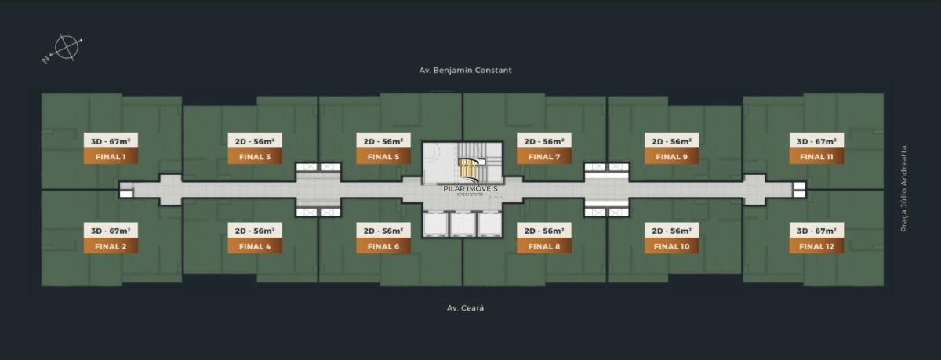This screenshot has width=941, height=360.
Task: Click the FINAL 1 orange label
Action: point(111,157)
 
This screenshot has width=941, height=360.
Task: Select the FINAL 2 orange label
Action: point(111,246)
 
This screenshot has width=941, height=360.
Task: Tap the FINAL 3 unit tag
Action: point(255,157)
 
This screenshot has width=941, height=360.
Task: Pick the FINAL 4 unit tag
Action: point(255,246)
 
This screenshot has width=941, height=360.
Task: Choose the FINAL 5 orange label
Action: point(383,157)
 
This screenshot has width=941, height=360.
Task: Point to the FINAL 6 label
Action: point(383,246)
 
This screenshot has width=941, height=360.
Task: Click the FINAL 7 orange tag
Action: point(544,157)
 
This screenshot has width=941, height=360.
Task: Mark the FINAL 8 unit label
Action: point(544,246)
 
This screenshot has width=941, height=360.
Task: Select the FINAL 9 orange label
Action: point(672,157)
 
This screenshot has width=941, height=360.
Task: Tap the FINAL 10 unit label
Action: point(672,246)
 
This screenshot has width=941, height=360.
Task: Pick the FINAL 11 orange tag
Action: point(817,157)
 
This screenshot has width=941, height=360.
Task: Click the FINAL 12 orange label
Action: point(817,246)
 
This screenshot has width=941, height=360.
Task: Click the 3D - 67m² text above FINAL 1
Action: point(111,141)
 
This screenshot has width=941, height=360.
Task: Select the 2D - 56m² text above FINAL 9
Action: point(672,141)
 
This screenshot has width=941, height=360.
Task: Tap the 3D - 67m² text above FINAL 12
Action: point(817,231)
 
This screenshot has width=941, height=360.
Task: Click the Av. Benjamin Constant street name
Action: point(466,70)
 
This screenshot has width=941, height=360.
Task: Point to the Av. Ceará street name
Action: point(466,308)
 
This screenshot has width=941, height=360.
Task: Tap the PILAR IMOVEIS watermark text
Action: point(470,188)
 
